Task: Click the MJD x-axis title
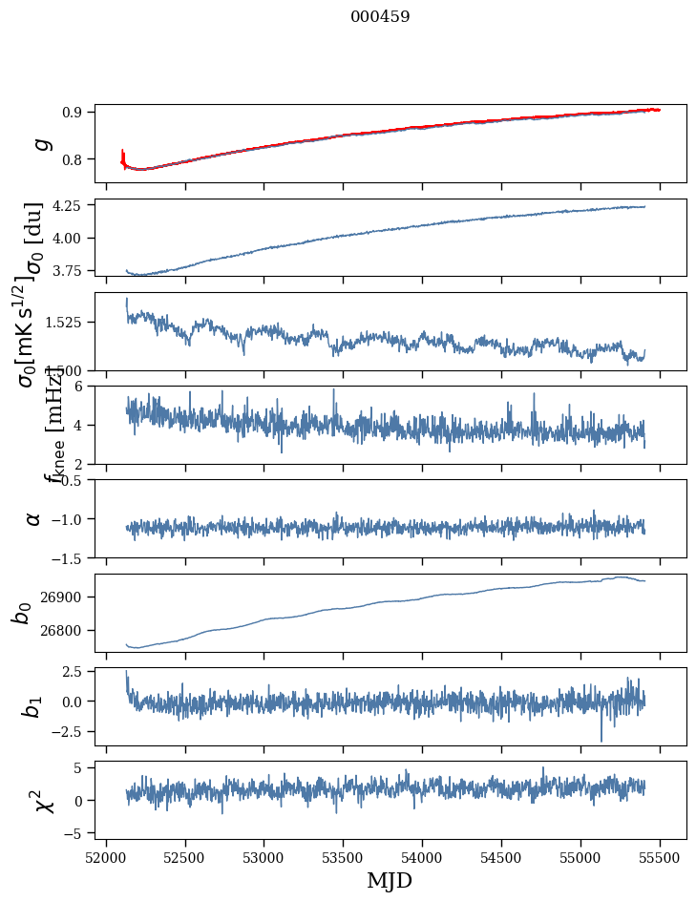pyautogui.click(x=390, y=880)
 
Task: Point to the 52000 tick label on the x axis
pyautogui.click(x=106, y=855)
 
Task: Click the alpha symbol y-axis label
pyautogui.click(x=33, y=518)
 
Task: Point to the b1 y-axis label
pyautogui.click(x=33, y=706)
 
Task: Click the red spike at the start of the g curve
pyautogui.click(x=123, y=155)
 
